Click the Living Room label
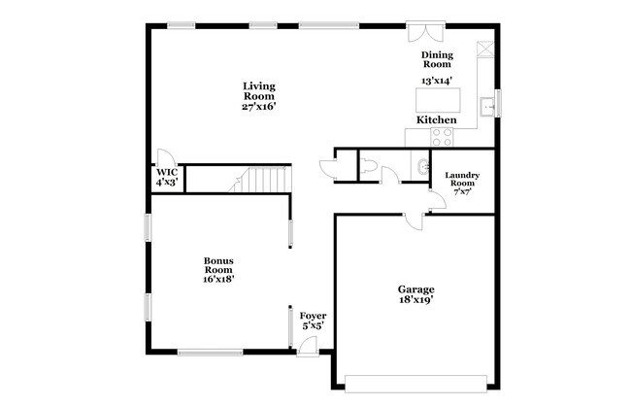click(x=258, y=91)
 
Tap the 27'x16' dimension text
click(x=258, y=107)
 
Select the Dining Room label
click(x=436, y=60)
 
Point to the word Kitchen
click(x=436, y=119)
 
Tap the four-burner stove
click(x=442, y=136)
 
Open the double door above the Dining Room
click(x=419, y=28)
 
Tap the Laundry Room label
click(x=461, y=180)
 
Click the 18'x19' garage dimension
click(x=415, y=300)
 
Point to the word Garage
click(x=415, y=288)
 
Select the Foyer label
click(x=312, y=317)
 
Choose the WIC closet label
click(x=166, y=176)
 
